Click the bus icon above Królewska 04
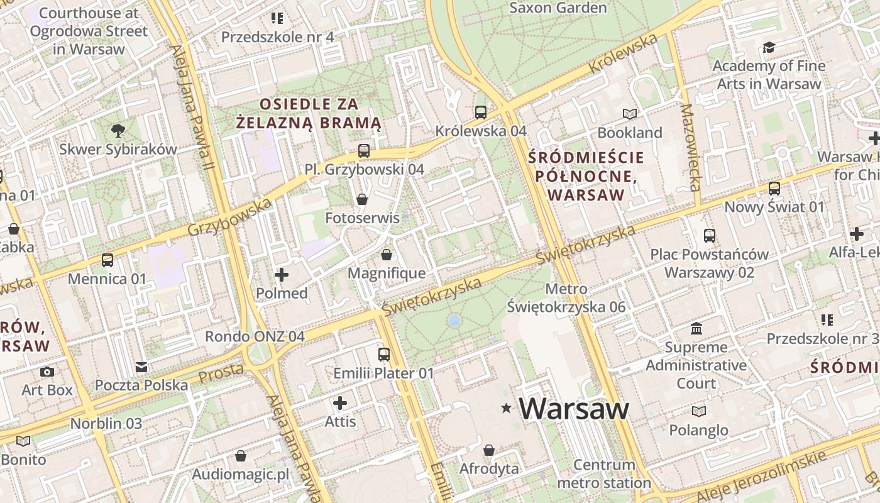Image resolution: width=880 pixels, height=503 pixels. (480, 113)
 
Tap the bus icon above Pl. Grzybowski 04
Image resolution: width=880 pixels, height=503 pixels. (363, 151)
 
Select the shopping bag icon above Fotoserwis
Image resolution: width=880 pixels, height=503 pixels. (362, 200)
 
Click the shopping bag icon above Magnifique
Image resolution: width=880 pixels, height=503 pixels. (387, 255)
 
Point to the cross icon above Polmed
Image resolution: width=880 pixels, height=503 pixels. (282, 275)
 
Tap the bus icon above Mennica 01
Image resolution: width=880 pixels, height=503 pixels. (107, 260)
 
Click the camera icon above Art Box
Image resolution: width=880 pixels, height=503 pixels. (47, 372)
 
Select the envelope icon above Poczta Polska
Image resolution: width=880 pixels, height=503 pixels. (141, 367)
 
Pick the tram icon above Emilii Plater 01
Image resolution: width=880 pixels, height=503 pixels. (383, 355)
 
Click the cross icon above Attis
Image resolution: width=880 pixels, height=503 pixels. (340, 403)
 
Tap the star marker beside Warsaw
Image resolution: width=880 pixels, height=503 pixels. (506, 409)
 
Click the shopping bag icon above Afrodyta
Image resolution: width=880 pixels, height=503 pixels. (489, 450)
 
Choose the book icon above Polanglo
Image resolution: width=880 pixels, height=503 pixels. (698, 412)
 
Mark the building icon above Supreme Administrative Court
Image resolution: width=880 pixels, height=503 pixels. (696, 328)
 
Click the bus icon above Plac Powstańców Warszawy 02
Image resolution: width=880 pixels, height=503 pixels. (710, 236)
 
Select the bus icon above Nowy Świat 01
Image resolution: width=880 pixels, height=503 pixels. (774, 188)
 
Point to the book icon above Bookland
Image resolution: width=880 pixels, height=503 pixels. (629, 114)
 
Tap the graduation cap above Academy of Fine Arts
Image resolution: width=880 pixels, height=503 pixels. (768, 48)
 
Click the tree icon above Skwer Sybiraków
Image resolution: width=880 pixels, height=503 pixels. (118, 131)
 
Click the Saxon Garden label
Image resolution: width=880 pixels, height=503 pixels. (558, 8)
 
